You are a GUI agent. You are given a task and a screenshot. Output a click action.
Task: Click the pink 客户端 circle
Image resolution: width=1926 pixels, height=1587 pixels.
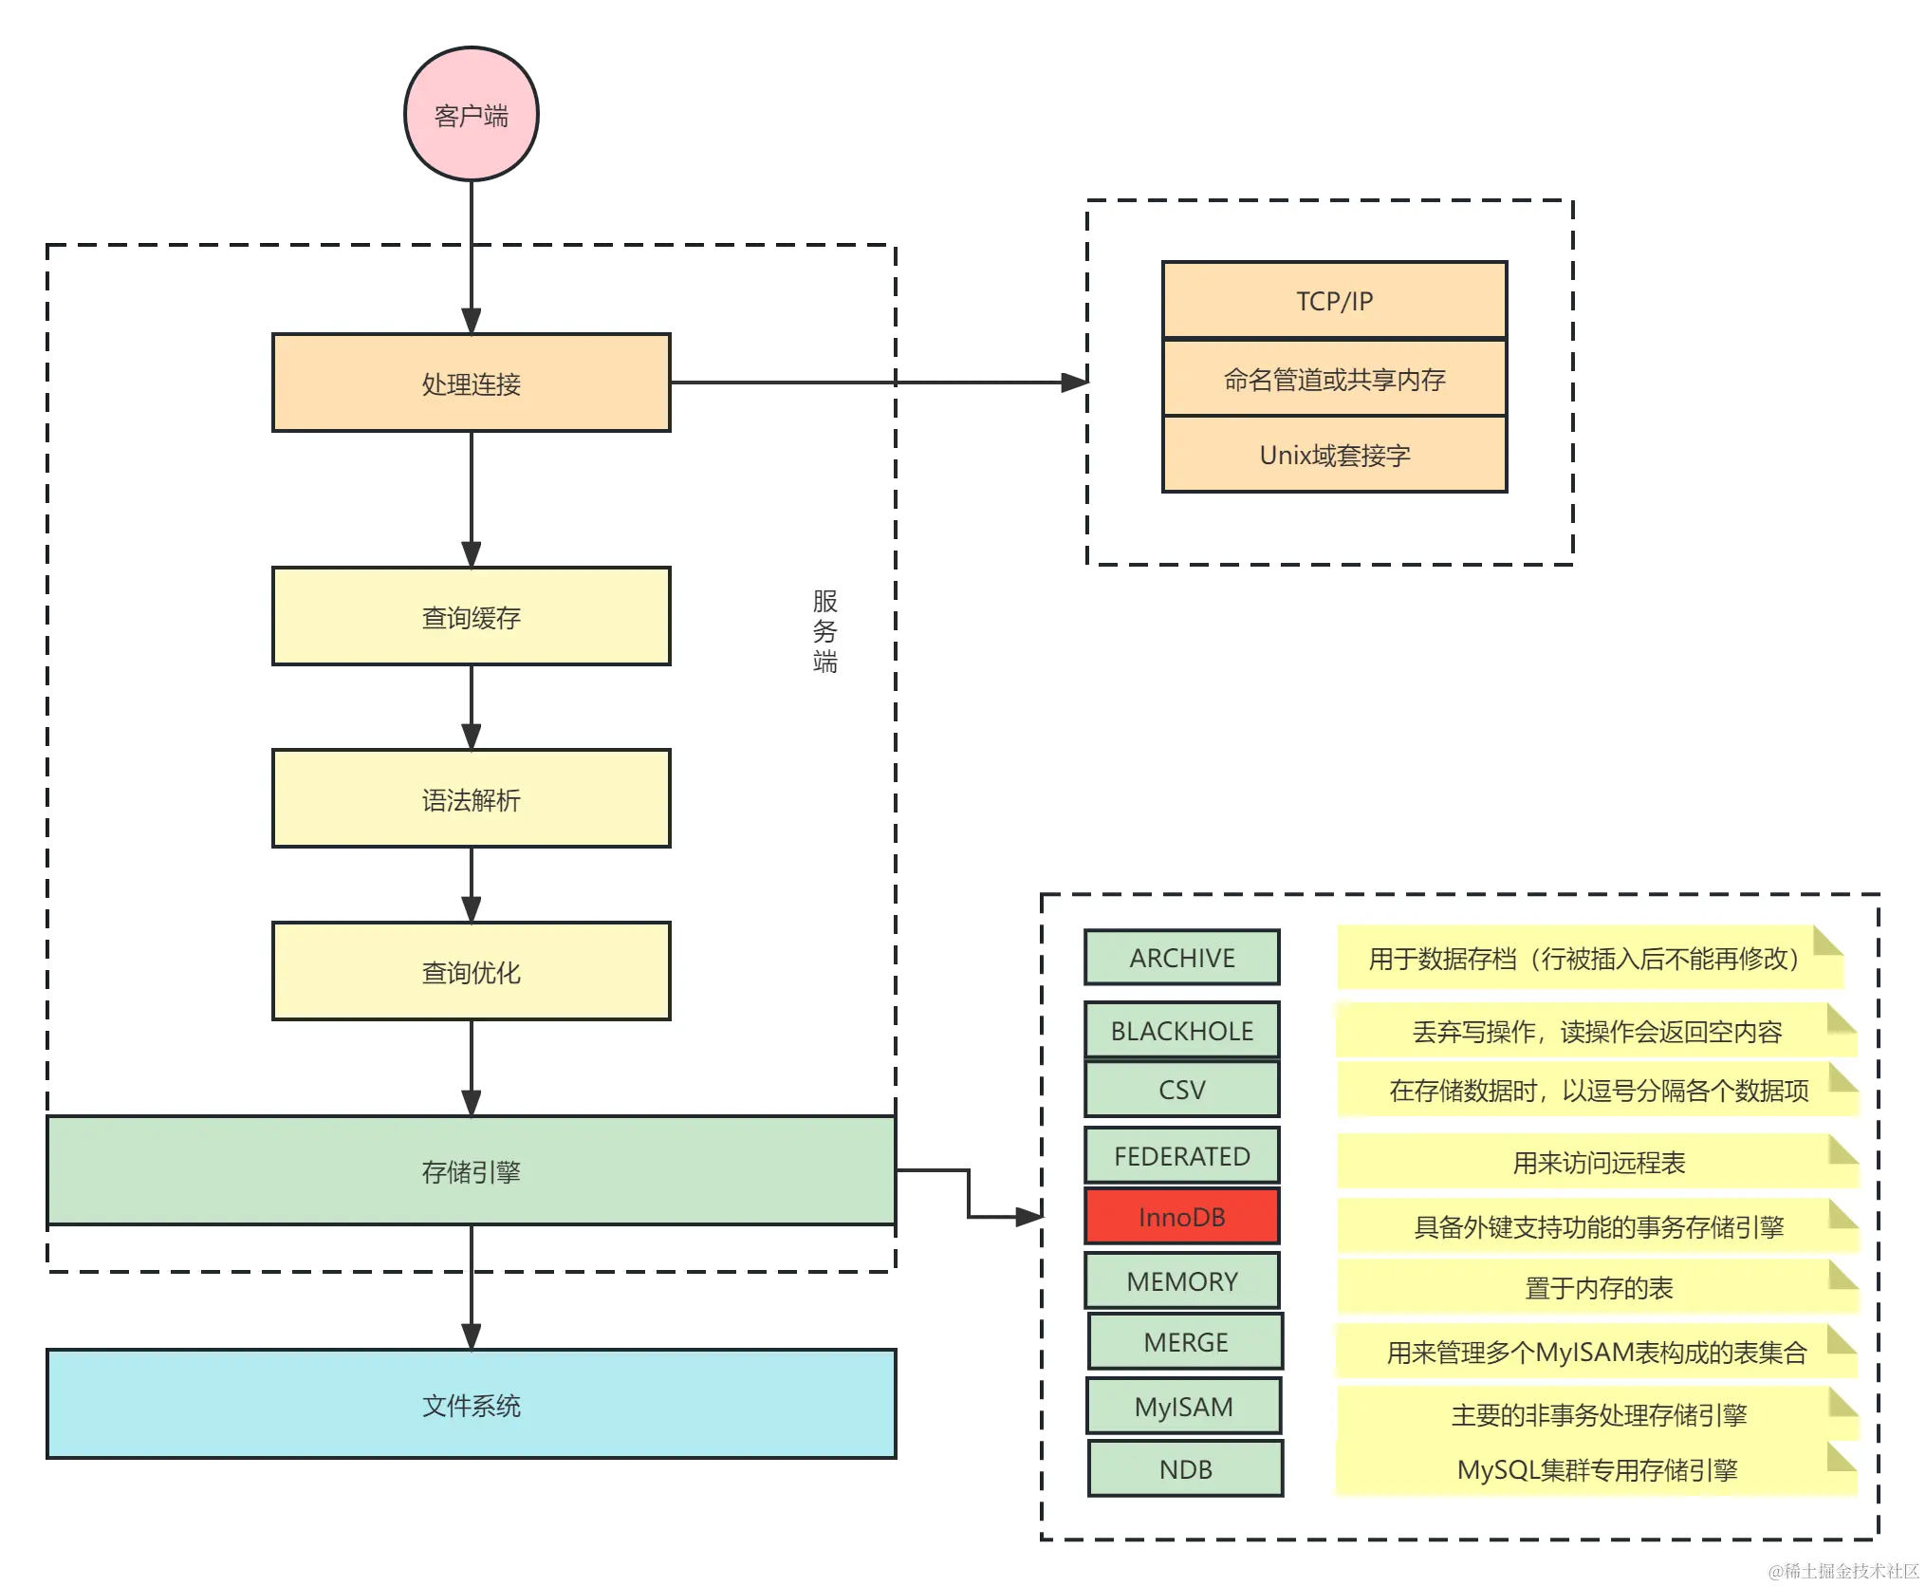[472, 115]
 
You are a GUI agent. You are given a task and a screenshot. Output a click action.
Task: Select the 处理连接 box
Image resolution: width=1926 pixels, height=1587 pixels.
[472, 383]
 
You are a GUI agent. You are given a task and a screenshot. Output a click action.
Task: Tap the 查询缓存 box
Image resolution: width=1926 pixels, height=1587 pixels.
[472, 617]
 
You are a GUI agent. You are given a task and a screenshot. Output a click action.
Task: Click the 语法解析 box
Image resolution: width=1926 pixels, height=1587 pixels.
[472, 798]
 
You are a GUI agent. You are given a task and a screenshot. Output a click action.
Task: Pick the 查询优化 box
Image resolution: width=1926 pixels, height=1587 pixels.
[472, 971]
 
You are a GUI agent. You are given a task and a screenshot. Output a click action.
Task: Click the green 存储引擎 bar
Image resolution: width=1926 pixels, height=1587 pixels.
[472, 1170]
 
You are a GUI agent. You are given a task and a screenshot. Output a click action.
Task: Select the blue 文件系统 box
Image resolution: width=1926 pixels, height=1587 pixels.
[472, 1404]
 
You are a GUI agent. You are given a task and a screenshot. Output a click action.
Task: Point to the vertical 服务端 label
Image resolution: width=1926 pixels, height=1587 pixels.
[824, 631]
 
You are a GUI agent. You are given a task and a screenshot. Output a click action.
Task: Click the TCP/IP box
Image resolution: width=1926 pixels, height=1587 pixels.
[1334, 300]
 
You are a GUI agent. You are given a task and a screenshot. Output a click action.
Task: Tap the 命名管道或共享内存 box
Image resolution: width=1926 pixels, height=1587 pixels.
[1334, 379]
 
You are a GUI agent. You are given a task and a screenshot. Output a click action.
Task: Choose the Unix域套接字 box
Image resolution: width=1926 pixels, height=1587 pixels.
[1334, 455]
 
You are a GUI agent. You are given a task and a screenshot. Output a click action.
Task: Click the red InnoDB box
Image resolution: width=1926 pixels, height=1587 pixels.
[1182, 1216]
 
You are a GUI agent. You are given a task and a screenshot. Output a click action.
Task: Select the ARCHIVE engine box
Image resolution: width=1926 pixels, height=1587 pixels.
[1182, 957]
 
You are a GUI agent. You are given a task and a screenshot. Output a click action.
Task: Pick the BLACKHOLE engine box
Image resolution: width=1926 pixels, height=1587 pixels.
[1182, 1030]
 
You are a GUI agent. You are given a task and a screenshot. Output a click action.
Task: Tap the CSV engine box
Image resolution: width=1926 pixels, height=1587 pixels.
[1182, 1089]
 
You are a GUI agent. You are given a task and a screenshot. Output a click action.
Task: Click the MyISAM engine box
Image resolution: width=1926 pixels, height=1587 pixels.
[1183, 1406]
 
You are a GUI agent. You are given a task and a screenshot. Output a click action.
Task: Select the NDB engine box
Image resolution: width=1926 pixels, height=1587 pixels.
[1185, 1468]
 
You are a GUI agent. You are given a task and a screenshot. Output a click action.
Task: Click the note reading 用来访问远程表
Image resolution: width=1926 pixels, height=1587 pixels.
[1598, 1162]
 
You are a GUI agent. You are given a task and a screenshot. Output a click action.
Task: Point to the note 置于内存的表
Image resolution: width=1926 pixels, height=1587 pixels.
[1598, 1287]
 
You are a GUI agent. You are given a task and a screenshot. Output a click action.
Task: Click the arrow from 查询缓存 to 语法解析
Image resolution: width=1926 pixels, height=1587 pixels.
[472, 707]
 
